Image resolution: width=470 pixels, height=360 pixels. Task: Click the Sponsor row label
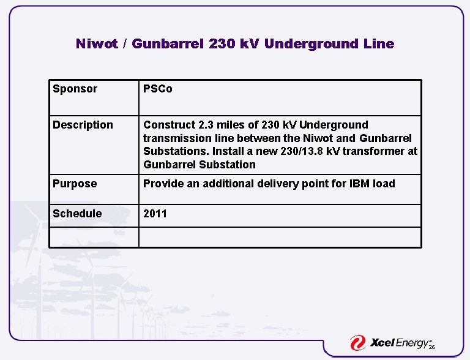pyautogui.click(x=75, y=89)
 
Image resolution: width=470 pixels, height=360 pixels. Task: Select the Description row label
pyautogui.click(x=83, y=126)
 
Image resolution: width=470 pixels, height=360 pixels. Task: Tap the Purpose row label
pyautogui.click(x=75, y=184)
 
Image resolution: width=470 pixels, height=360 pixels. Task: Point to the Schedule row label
pyautogui.click(x=77, y=214)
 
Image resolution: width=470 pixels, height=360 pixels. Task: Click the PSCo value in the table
pyautogui.click(x=158, y=89)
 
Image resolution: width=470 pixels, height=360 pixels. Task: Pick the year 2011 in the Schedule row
pyautogui.click(x=155, y=214)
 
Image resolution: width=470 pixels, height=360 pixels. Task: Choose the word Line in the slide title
pyautogui.click(x=379, y=44)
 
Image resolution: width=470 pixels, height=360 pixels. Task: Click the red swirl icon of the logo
pyautogui.click(x=358, y=343)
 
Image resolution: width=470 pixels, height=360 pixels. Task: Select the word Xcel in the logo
pyautogui.click(x=386, y=343)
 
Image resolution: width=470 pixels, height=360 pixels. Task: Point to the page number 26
pyautogui.click(x=431, y=347)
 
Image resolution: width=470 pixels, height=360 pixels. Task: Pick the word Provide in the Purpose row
pyautogui.click(x=163, y=184)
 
